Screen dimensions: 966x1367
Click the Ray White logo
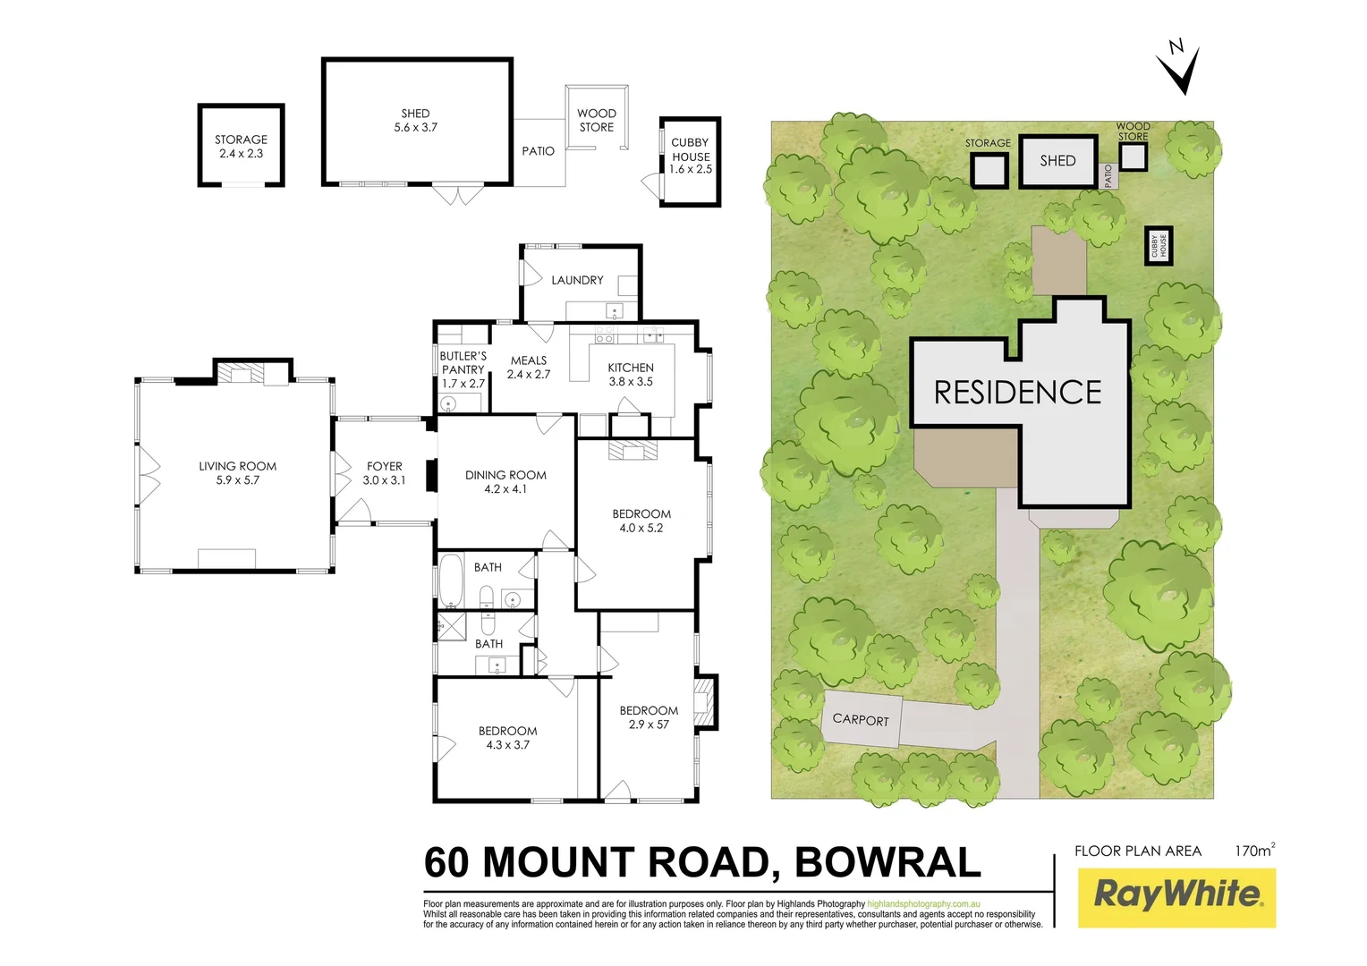(x=1176, y=895)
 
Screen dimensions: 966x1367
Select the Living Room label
(x=237, y=473)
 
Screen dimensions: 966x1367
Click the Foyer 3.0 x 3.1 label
(x=384, y=473)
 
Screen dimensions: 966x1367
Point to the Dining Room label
(x=505, y=482)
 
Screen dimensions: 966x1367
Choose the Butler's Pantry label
(x=463, y=369)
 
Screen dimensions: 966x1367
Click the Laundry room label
(x=577, y=280)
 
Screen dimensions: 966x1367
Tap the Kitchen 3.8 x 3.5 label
(x=631, y=374)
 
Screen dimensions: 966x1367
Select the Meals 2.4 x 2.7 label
(x=529, y=368)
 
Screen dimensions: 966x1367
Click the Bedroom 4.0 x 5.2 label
(x=641, y=521)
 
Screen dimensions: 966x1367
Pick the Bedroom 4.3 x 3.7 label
(x=507, y=738)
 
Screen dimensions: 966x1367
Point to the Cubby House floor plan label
(x=690, y=156)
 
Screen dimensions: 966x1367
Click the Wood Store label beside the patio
(x=597, y=120)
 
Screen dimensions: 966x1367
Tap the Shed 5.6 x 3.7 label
(x=415, y=121)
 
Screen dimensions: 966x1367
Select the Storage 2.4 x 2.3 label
(x=241, y=147)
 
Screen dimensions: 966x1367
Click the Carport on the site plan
(x=861, y=719)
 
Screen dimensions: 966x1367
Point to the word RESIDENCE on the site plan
(x=1017, y=393)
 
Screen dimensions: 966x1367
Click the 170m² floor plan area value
(x=1254, y=851)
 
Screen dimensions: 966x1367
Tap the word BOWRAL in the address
(x=887, y=862)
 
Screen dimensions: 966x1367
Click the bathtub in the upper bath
(x=451, y=581)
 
